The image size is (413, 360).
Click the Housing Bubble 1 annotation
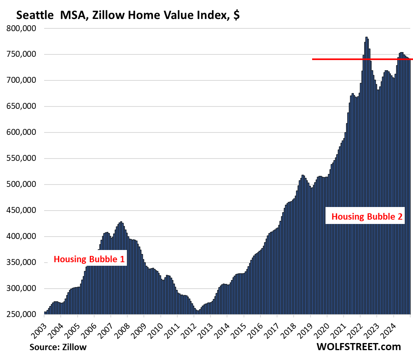pyautogui.click(x=89, y=259)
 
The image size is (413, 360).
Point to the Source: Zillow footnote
pyautogui.click(x=58, y=347)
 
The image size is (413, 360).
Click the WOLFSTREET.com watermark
pyautogui.click(x=358, y=347)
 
